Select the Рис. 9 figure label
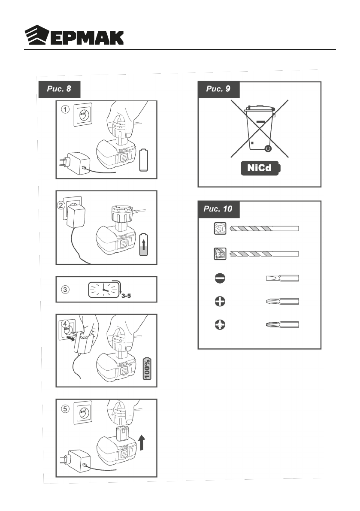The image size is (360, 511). click(218, 90)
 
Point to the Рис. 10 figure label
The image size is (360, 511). click(218, 209)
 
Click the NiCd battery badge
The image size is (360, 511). click(260, 168)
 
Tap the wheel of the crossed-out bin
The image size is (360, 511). click(268, 149)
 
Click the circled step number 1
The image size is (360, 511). click(64, 109)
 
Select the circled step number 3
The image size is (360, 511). click(65, 290)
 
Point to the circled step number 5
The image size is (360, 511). click(64, 408)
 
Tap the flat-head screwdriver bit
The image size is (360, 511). click(282, 278)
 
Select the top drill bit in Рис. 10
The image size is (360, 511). click(264, 229)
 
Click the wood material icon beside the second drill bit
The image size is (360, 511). click(220, 254)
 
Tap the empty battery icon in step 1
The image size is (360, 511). click(145, 160)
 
